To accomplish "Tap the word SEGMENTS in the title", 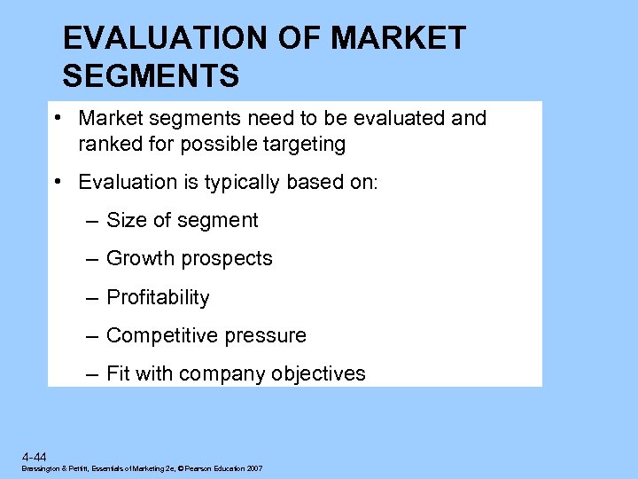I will coord(152,76).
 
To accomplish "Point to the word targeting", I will coord(302,144).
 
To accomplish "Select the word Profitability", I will coord(158,297).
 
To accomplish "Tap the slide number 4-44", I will coord(36,456).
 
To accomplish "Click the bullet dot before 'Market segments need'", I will coord(56,118).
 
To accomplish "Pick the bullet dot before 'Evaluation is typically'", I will coord(56,182).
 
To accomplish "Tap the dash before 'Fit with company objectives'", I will coord(92,373).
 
